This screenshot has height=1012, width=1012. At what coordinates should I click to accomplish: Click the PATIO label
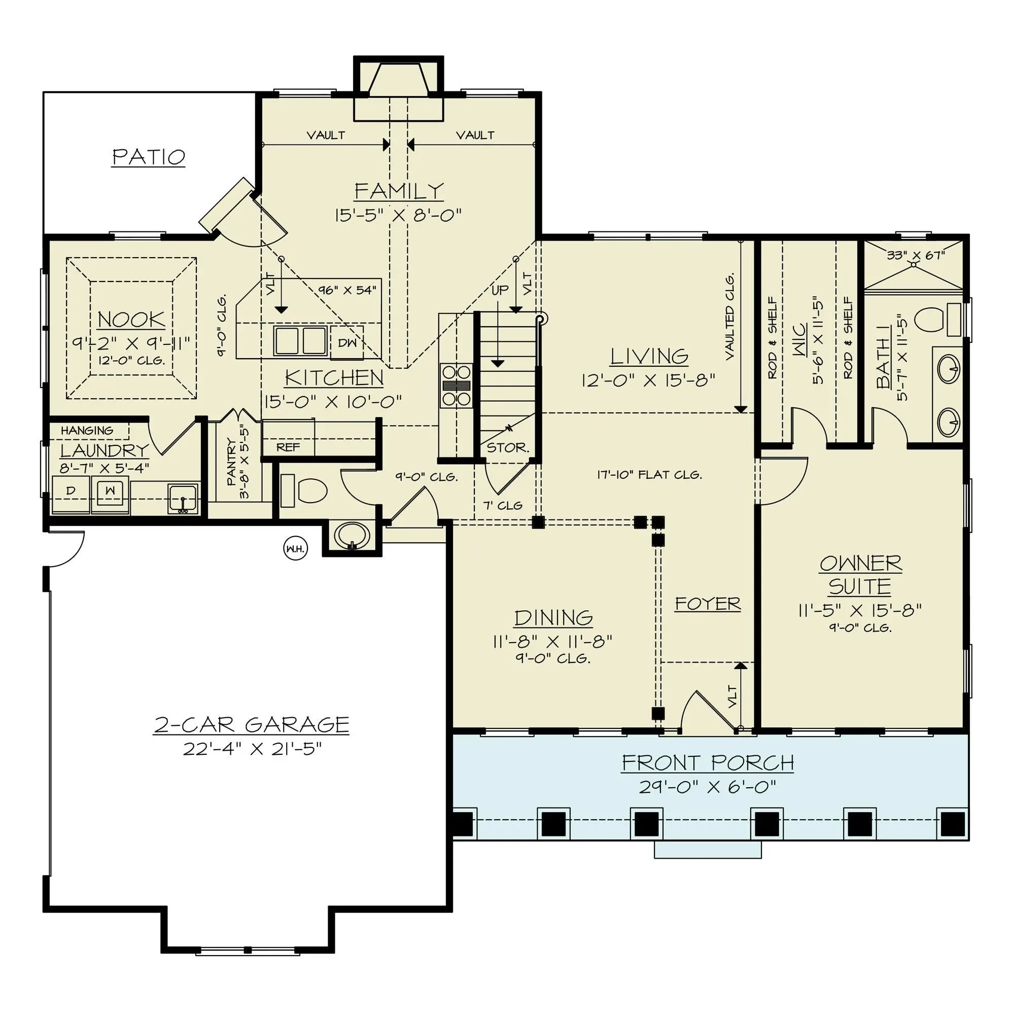(x=149, y=157)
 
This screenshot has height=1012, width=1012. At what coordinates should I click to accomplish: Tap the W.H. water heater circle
(x=295, y=549)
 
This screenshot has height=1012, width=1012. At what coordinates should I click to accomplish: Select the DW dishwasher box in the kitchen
(x=347, y=342)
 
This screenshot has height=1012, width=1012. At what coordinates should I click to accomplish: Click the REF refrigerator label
(x=288, y=447)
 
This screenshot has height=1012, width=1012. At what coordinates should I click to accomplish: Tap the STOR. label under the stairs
(x=508, y=447)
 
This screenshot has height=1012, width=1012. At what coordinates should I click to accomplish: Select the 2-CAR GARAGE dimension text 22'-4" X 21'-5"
(x=252, y=749)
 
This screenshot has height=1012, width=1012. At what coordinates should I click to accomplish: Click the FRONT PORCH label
(x=708, y=762)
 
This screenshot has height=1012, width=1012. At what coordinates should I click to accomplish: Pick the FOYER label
(x=708, y=604)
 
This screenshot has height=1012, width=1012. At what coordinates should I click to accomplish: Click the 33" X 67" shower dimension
(x=916, y=255)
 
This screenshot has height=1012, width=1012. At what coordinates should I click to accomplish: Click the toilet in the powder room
(x=304, y=491)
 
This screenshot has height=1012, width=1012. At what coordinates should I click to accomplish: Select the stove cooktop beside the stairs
(x=456, y=386)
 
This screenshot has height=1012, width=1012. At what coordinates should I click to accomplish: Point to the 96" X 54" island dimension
(x=347, y=290)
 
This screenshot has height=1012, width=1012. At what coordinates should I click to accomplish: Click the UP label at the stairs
(x=500, y=290)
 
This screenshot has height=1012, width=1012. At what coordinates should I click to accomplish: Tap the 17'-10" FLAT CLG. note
(x=649, y=475)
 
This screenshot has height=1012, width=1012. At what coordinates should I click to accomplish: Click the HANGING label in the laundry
(x=87, y=431)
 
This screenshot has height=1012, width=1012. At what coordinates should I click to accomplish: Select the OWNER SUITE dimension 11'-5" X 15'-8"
(x=860, y=610)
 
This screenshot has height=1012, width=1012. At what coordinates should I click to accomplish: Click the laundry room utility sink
(x=183, y=498)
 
